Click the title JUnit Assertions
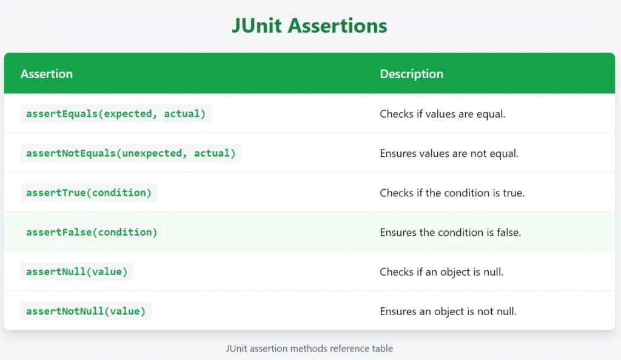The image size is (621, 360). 309,25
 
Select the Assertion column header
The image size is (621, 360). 47,74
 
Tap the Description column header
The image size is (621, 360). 412,74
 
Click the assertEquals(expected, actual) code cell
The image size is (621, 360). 116,114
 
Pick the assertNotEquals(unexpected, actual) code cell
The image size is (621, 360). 131,153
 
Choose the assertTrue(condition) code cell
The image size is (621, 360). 89,193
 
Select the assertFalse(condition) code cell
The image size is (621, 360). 92,232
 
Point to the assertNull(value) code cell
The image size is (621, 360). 77,272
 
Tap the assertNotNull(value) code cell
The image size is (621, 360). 86,312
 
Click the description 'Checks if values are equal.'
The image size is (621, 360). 442,114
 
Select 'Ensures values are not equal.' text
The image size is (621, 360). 449,153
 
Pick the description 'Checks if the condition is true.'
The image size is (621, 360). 452,193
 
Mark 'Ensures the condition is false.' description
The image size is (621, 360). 451,233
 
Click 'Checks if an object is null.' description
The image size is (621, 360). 441,272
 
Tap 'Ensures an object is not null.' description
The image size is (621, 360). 448,312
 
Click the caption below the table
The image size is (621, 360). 309,348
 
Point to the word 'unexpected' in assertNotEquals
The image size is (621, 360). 152,153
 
